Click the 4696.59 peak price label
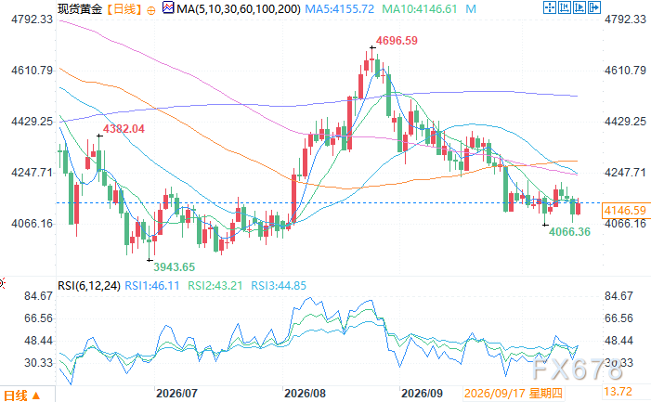tap(397, 41)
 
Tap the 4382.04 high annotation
tap(124, 129)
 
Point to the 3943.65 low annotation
tap(174, 267)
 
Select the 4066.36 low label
tap(569, 232)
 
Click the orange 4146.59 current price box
tap(625, 211)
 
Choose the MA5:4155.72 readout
tap(339, 8)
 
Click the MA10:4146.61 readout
tap(420, 8)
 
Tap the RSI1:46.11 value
tap(152, 286)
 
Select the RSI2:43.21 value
tap(215, 286)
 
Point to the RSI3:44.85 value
tap(279, 286)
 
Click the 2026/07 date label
tap(176, 394)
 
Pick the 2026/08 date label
tap(305, 394)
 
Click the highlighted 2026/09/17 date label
tap(513, 394)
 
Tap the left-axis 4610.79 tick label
tap(33, 71)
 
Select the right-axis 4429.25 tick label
tap(625, 122)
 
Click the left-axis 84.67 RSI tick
tap(39, 296)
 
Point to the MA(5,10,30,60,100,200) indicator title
tap(239, 8)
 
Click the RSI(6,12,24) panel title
tap(89, 286)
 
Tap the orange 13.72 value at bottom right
tap(618, 392)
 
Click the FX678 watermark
tap(577, 369)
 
